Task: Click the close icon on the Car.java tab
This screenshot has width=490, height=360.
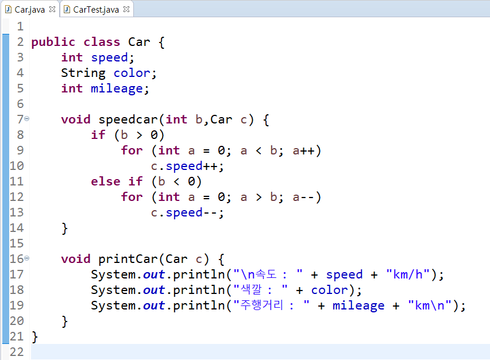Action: (x=52, y=9)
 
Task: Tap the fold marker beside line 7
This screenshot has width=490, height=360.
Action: (x=27, y=119)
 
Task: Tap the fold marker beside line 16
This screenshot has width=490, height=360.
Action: (x=27, y=258)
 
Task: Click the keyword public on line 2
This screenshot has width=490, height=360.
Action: (x=53, y=42)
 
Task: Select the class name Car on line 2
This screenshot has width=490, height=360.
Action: (x=140, y=42)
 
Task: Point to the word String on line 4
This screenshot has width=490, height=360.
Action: (x=83, y=73)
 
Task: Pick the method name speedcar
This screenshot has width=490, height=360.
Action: (x=128, y=119)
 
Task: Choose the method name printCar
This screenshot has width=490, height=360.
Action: (x=128, y=259)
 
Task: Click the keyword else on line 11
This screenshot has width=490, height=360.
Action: (x=106, y=181)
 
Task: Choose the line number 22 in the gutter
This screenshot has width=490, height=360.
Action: (x=17, y=352)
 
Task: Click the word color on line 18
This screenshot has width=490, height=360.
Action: (x=329, y=290)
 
